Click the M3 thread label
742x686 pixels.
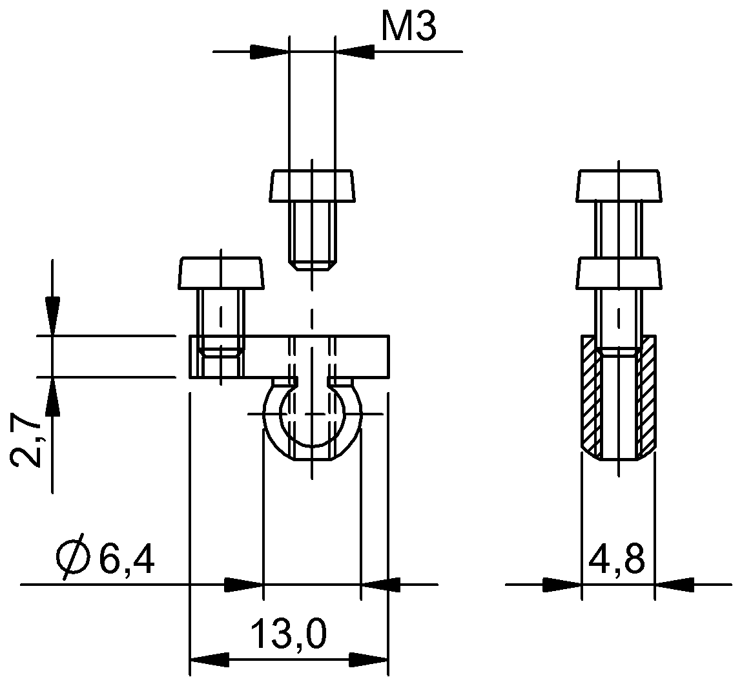point(409,28)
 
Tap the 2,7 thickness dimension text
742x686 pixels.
point(27,441)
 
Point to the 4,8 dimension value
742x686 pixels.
point(617,559)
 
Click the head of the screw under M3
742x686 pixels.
point(312,185)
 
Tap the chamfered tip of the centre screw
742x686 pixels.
point(312,265)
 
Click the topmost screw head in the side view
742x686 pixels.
point(619,185)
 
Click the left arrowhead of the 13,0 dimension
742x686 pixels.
point(209,660)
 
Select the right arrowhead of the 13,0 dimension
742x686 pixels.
point(369,660)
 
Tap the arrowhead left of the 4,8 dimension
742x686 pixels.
point(562,585)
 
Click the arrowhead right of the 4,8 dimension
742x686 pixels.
point(674,585)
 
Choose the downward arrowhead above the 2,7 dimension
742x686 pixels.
point(52,316)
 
